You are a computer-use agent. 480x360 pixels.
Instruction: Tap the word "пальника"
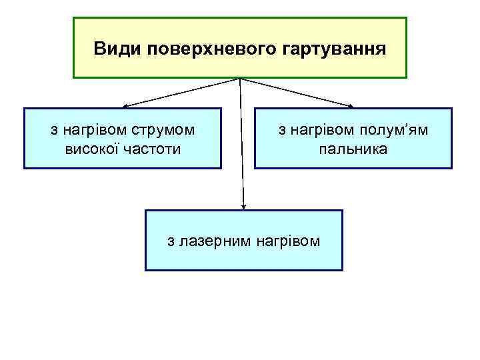(x=353, y=148)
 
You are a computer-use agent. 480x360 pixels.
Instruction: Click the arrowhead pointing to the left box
(x=125, y=105)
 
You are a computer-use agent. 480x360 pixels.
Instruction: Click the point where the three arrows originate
(x=240, y=79)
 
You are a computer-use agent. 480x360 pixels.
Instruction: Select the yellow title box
(x=239, y=67)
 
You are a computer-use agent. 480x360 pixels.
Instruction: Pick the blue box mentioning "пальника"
(x=353, y=160)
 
